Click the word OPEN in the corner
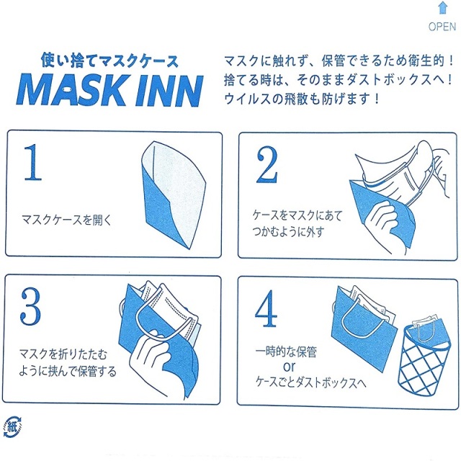(x=442, y=27)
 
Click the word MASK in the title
(x=71, y=90)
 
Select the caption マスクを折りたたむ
(x=64, y=356)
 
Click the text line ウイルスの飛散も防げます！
(x=302, y=97)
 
